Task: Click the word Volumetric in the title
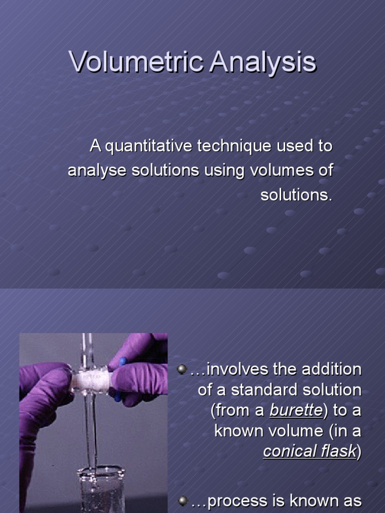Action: pos(136,62)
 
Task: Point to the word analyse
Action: pos(98,170)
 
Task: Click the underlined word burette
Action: pos(295,410)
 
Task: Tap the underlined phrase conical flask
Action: pos(309,451)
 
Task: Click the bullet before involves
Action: pos(182,370)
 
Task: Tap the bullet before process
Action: pos(182,500)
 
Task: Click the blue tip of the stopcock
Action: pos(122,362)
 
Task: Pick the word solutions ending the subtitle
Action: pos(296,195)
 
